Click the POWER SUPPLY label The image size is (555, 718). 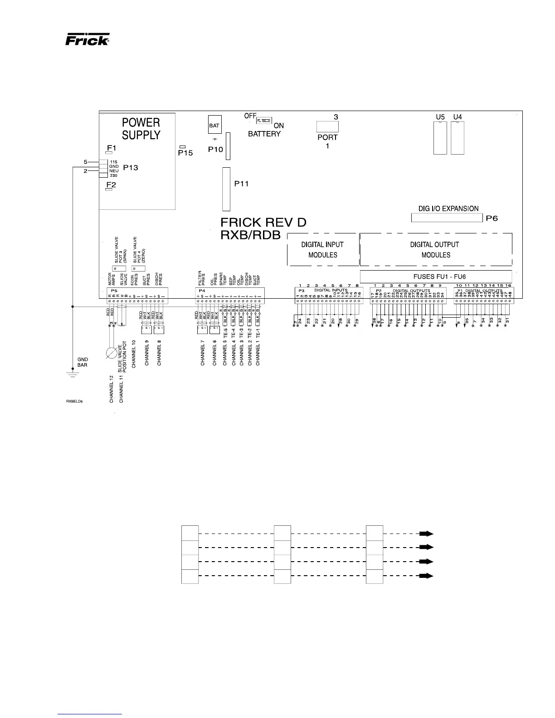pyautogui.click(x=141, y=129)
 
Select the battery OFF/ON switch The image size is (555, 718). pyautogui.click(x=264, y=121)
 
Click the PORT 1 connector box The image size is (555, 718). pyautogui.click(x=327, y=126)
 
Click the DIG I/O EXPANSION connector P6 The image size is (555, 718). pyautogui.click(x=447, y=218)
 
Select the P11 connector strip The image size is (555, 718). pyautogui.click(x=226, y=189)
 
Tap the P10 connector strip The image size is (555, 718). pyautogui.click(x=228, y=146)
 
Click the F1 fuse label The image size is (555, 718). pyautogui.click(x=111, y=148)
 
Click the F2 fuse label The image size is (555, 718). pyautogui.click(x=111, y=184)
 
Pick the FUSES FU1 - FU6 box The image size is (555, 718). pyautogui.click(x=436, y=276)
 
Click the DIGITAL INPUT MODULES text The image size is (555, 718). pyautogui.click(x=322, y=249)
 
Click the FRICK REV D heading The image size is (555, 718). pyautogui.click(x=263, y=223)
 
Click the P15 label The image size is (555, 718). pyautogui.click(x=185, y=153)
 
